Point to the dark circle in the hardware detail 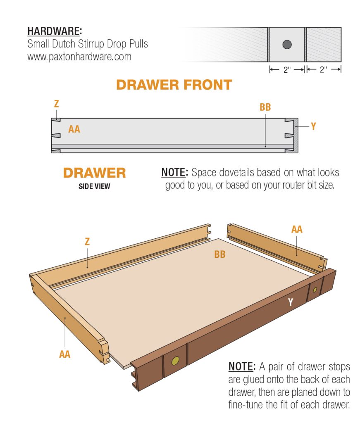tap(287, 45)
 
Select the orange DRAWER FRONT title tap(174, 85)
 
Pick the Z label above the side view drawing tap(56, 104)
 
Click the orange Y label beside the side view tap(313, 126)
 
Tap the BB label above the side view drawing tap(265, 107)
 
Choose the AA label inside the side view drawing tap(74, 129)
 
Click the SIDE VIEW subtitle tap(94, 186)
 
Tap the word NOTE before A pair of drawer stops tap(241, 366)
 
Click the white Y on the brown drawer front tap(291, 302)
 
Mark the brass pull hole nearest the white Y tap(315, 290)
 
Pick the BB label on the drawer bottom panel tap(220, 254)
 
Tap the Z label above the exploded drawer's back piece tap(87, 242)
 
